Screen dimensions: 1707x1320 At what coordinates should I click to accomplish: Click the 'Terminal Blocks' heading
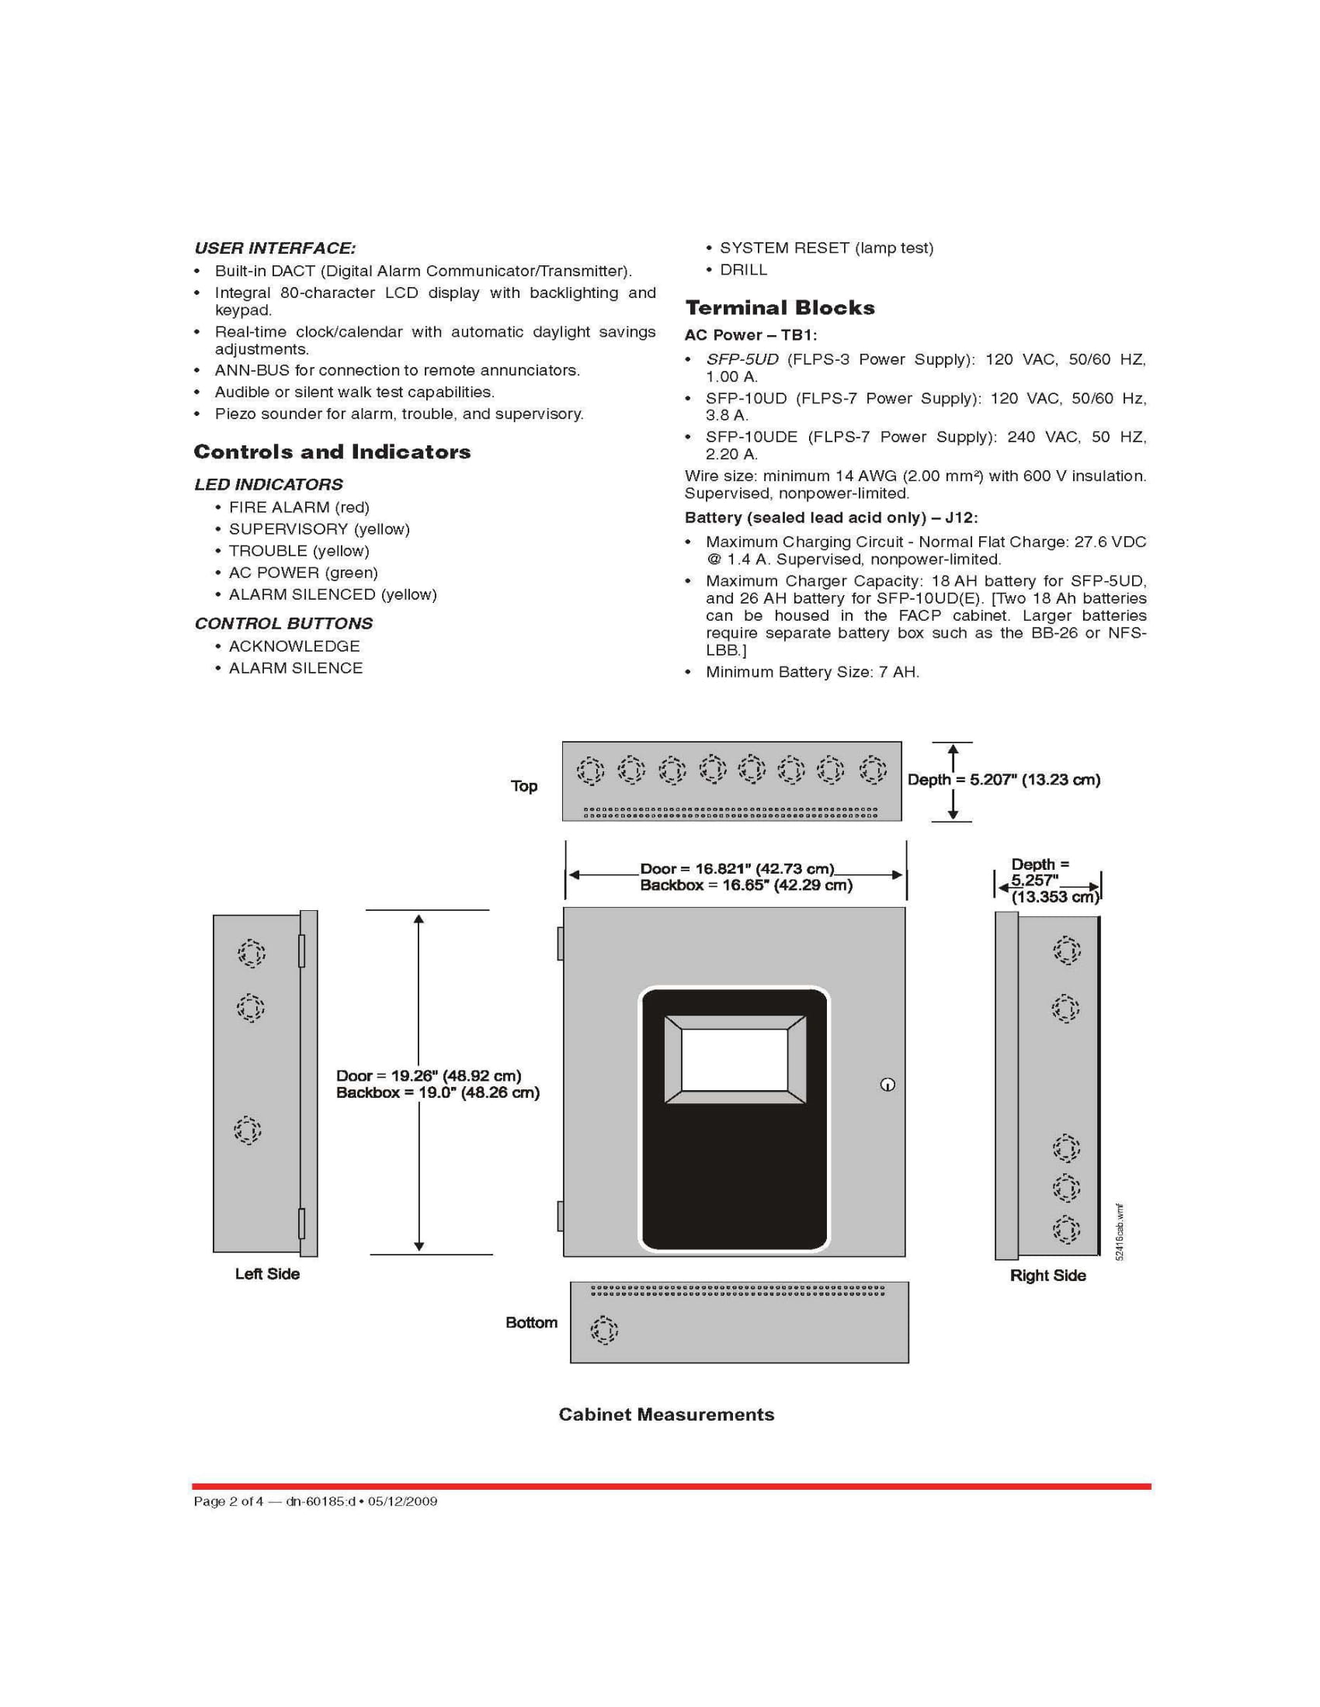click(x=780, y=308)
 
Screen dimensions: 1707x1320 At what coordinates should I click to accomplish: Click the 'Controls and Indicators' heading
click(x=332, y=452)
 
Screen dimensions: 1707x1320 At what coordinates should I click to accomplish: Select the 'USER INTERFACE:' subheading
click(x=274, y=248)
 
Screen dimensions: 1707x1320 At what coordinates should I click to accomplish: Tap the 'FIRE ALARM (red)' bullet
click(x=299, y=507)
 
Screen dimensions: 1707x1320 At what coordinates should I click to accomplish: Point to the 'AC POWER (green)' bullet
click(x=303, y=573)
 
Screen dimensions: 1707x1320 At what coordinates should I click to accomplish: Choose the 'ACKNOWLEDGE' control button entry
click(x=294, y=646)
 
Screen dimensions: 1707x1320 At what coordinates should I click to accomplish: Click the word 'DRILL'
click(x=743, y=270)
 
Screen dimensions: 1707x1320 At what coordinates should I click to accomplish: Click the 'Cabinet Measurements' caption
click(x=666, y=1414)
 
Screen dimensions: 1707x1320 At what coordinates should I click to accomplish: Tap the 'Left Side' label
click(x=267, y=1274)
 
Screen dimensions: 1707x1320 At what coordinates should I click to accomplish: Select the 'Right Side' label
click(x=1048, y=1276)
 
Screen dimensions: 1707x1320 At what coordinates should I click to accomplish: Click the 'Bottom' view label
click(x=531, y=1322)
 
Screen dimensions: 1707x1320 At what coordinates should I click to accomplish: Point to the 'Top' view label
click(x=524, y=786)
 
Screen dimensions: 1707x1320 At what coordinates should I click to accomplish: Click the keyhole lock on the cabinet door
click(x=887, y=1084)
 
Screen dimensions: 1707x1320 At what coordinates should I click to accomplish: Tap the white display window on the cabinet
click(x=735, y=1059)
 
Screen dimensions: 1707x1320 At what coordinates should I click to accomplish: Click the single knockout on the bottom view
click(x=603, y=1329)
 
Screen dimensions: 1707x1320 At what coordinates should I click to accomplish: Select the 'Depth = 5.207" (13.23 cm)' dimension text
click(x=1004, y=780)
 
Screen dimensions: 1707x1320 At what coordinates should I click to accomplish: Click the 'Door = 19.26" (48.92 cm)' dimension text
click(x=429, y=1075)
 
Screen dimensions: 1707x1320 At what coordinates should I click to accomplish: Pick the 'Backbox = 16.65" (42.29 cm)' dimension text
click(x=746, y=885)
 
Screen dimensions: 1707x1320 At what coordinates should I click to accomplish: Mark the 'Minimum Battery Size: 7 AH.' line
click(x=812, y=672)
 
